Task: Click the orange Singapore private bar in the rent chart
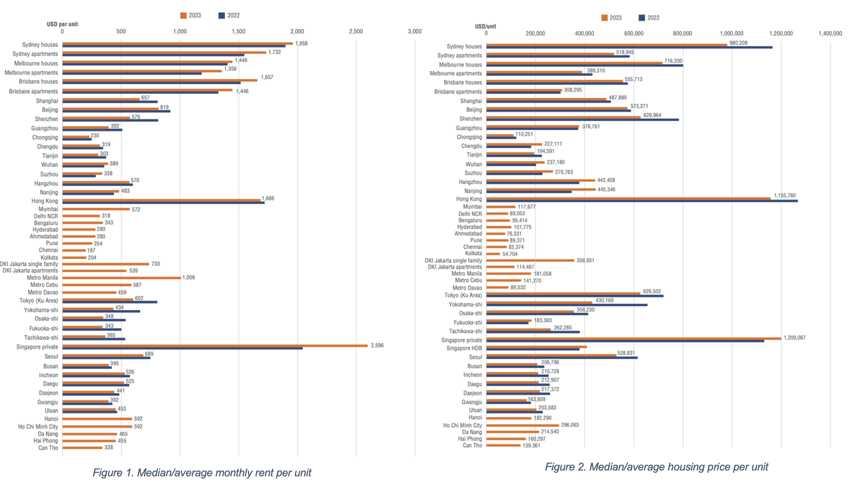coord(215,345)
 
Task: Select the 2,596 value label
coord(377,345)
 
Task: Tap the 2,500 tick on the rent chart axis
coord(356,31)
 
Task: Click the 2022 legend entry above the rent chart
coord(229,15)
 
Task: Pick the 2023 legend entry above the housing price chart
coord(611,18)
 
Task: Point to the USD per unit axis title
coord(62,24)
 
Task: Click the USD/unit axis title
coord(485,26)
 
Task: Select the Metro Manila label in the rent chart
coord(42,278)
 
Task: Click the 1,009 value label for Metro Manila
coord(188,277)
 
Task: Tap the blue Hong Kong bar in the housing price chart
coord(641,201)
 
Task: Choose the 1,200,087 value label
coord(794,338)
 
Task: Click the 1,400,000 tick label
coord(830,33)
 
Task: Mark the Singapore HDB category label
coord(464,348)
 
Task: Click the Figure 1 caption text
coord(202,473)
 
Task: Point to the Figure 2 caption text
coord(656,467)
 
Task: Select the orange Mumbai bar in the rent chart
coord(96,209)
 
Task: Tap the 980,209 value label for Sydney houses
coord(738,43)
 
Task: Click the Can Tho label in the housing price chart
coord(472,446)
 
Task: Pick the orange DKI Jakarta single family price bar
coord(530,260)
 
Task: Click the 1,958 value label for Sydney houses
coord(301,43)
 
